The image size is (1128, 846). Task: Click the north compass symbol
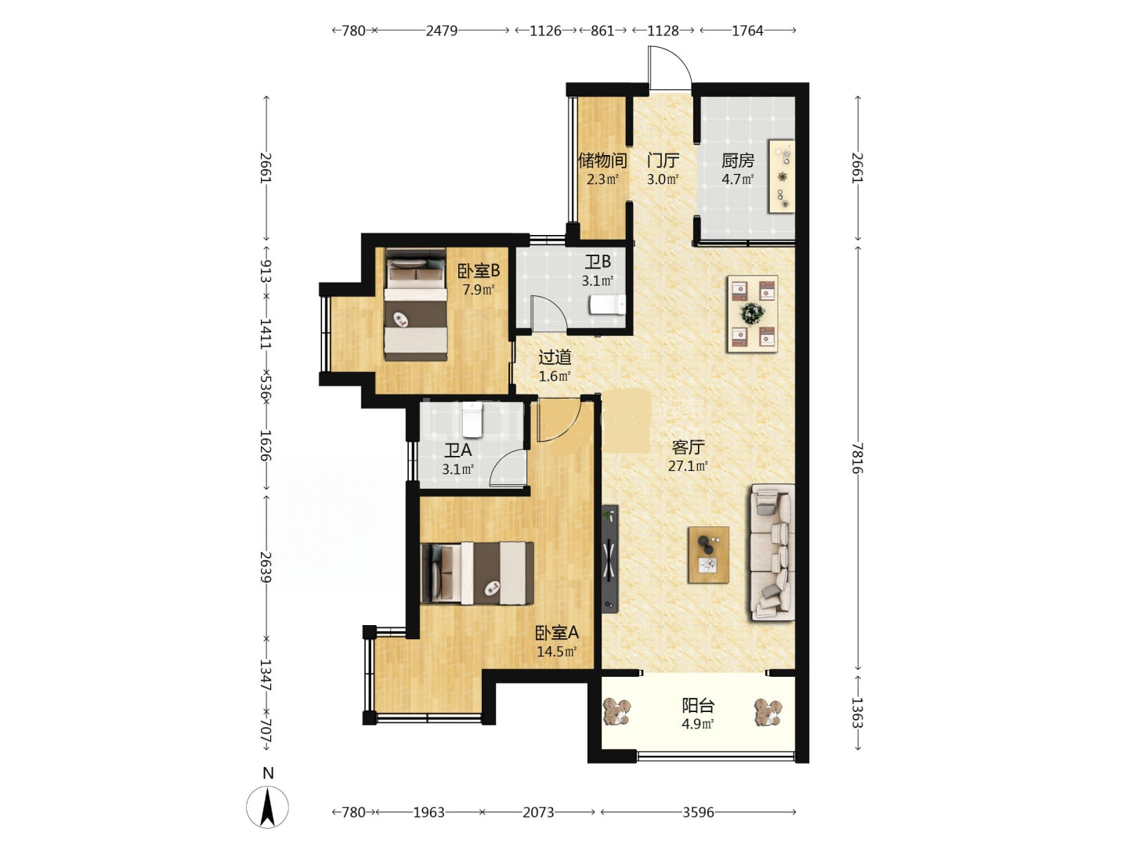[x=267, y=808]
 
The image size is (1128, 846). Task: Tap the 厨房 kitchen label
[x=737, y=161]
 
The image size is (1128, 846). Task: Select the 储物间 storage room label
[x=602, y=161]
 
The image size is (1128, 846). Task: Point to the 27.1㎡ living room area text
[x=688, y=466]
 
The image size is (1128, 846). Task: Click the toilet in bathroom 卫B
[x=607, y=305]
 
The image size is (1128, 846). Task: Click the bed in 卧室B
[x=416, y=305]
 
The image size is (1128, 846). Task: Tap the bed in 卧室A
[x=477, y=573]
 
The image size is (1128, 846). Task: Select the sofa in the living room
[x=772, y=552]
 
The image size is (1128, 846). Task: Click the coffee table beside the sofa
[x=709, y=555]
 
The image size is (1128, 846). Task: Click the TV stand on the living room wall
[x=610, y=559]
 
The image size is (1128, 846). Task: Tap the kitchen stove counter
[x=782, y=175]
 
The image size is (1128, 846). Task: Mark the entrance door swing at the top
[x=670, y=67]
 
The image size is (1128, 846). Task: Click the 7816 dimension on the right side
[x=857, y=457]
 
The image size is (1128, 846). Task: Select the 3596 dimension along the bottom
[x=699, y=812]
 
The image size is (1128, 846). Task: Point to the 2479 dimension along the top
[x=442, y=31]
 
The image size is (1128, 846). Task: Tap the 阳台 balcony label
[x=698, y=706]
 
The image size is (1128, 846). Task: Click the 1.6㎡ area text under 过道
[x=555, y=376]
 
